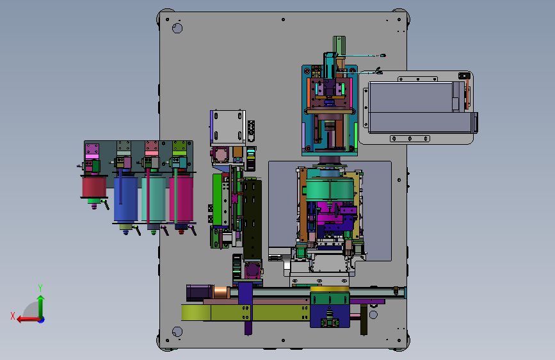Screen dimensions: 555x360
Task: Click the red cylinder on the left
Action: point(94,187)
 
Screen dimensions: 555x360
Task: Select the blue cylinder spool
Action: point(125,199)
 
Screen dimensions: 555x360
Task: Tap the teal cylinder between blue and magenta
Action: point(154,199)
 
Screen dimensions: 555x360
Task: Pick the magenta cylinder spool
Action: point(181,199)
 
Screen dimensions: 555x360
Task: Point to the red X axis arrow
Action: point(28,320)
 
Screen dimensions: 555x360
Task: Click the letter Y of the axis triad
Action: point(40,288)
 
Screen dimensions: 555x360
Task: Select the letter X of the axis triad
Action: point(13,316)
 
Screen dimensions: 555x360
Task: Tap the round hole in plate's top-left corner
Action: point(177,28)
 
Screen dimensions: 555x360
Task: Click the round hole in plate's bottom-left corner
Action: point(177,332)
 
